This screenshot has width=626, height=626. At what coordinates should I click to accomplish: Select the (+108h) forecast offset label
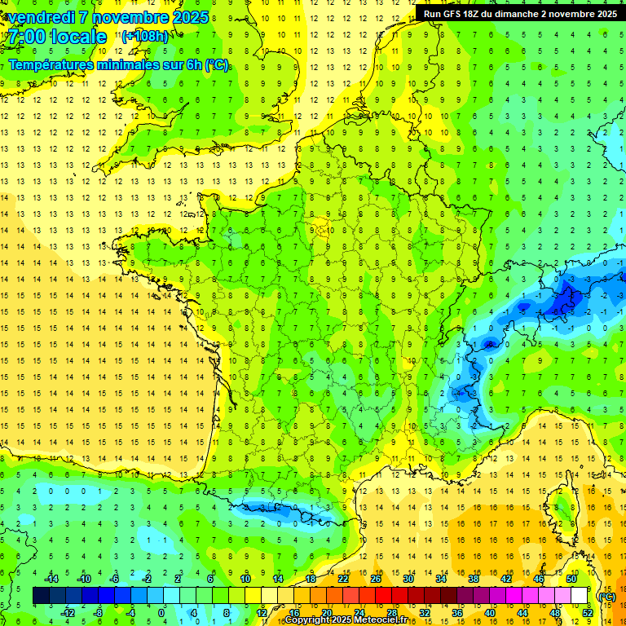(x=145, y=37)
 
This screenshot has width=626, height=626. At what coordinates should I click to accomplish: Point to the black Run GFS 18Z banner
(x=519, y=14)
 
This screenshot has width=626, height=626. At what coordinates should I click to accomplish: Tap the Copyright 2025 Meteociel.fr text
(x=346, y=619)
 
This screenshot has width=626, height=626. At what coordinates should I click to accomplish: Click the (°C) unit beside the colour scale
(x=606, y=596)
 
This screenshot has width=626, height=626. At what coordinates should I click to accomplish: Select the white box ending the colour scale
(x=579, y=596)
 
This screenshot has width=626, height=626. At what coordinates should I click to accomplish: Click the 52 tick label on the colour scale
(x=587, y=612)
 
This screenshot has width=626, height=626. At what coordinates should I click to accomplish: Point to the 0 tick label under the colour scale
(x=161, y=612)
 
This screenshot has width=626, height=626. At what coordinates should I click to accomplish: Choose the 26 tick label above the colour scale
(x=376, y=579)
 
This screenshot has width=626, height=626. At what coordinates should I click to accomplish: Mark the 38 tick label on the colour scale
(x=474, y=579)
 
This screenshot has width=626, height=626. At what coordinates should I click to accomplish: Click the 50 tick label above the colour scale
(x=571, y=579)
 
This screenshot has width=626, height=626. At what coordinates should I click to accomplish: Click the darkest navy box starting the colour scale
(x=41, y=596)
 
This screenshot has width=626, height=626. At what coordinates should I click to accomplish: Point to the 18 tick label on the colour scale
(x=311, y=579)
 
